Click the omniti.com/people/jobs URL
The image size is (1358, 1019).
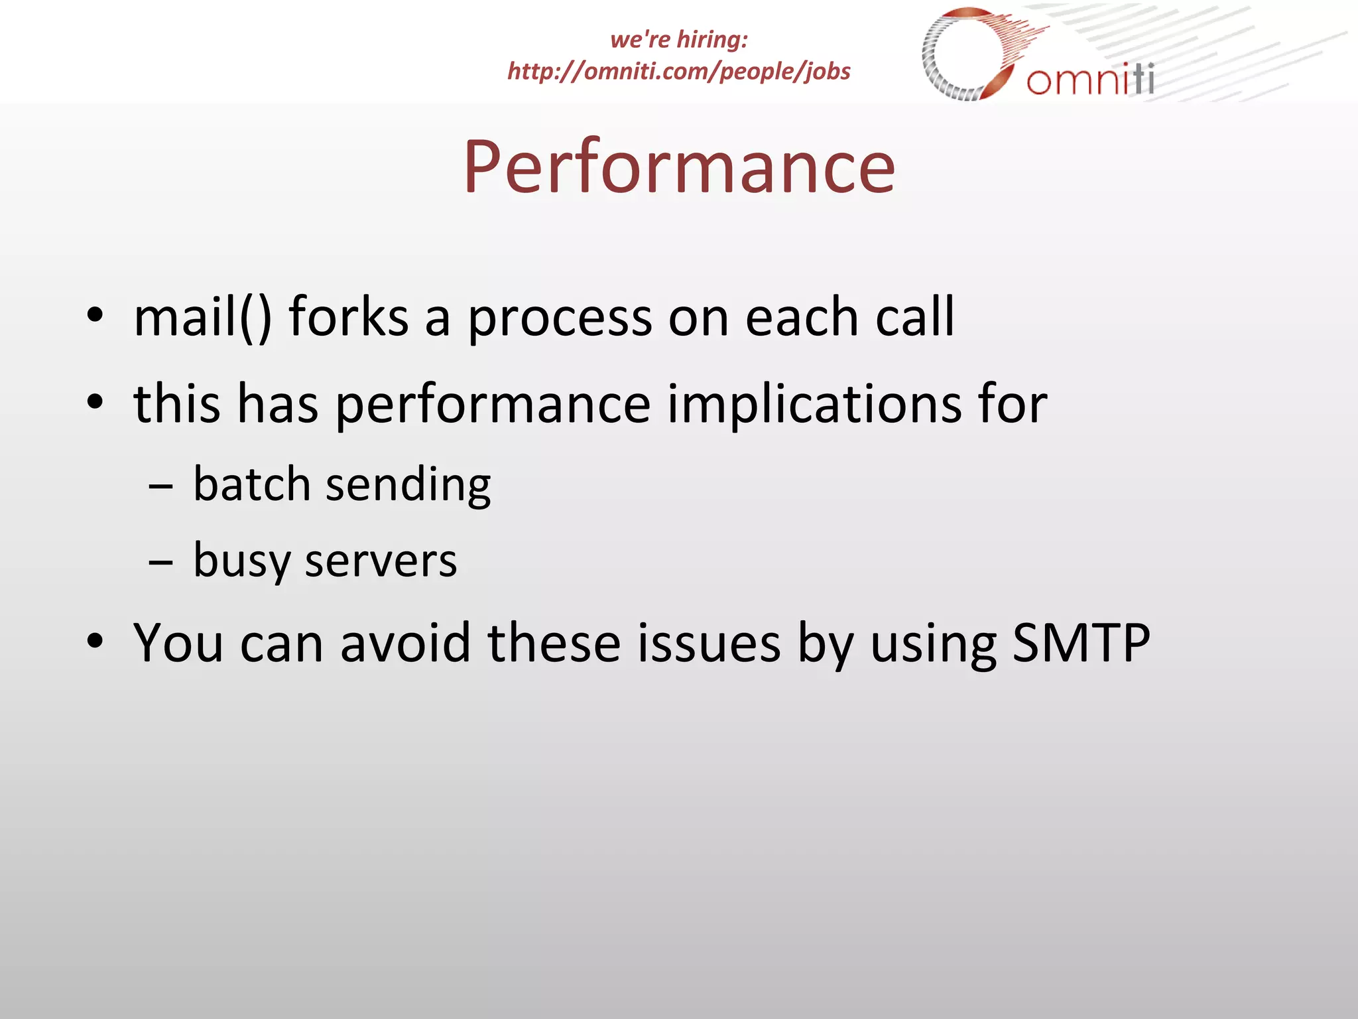pyautogui.click(x=679, y=71)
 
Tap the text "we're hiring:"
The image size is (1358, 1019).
pyautogui.click(x=679, y=39)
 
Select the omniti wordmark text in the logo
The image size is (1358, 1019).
pyautogui.click(x=1090, y=80)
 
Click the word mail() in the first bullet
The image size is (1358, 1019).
pyautogui.click(x=202, y=317)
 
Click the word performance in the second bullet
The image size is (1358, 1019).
pyautogui.click(x=493, y=405)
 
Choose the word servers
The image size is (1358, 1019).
pyautogui.click(x=381, y=561)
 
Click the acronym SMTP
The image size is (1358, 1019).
pyautogui.click(x=1081, y=643)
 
